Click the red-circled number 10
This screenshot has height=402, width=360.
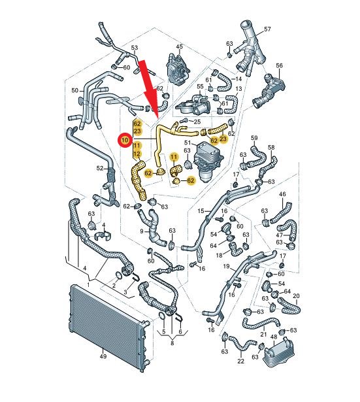125,141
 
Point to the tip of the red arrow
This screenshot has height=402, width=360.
158,118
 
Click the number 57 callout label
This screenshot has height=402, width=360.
267,29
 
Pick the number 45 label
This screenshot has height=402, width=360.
180,46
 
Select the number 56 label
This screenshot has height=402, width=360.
279,65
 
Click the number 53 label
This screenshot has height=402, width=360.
134,48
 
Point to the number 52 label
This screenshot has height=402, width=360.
100,168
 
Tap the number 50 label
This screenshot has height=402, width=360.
75,90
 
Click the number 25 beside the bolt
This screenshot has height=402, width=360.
197,122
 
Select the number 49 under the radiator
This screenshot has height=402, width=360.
103,356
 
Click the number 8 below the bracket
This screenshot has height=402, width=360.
172,343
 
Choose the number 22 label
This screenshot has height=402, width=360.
241,361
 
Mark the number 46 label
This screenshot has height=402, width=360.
282,194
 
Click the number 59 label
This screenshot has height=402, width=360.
254,138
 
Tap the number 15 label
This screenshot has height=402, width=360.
201,211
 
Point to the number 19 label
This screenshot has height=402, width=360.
226,267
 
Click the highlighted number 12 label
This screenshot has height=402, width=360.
137,154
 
